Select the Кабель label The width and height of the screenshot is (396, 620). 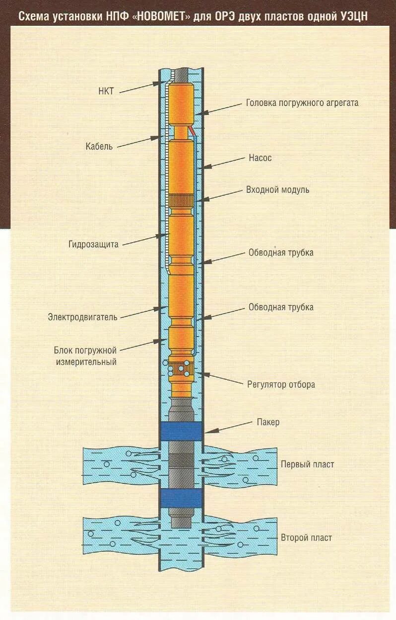point(99,146)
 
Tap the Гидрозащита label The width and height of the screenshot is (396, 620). point(94,244)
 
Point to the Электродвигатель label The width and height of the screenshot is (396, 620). point(83,317)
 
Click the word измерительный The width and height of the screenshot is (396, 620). point(86,362)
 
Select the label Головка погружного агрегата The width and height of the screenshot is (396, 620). point(302,103)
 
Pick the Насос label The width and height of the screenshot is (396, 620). point(260,158)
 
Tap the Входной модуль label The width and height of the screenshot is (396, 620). point(278,189)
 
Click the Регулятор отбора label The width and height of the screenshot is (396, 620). point(281,384)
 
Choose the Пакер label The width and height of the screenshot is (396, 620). point(268,422)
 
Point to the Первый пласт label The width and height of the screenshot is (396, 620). point(307,464)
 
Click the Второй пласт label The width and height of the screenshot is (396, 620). point(306,537)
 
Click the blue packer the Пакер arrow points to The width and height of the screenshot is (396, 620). point(181,431)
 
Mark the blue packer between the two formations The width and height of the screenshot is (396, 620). point(181,497)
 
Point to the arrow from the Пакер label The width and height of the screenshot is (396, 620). point(229,427)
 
